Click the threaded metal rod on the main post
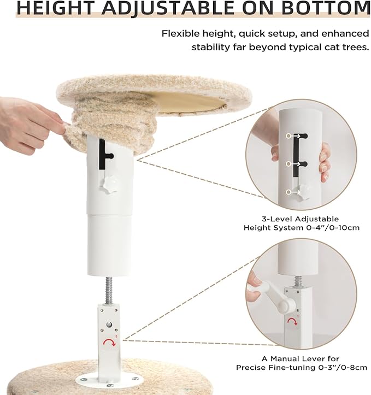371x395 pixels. point(108,289)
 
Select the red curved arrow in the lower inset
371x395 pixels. point(293,322)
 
